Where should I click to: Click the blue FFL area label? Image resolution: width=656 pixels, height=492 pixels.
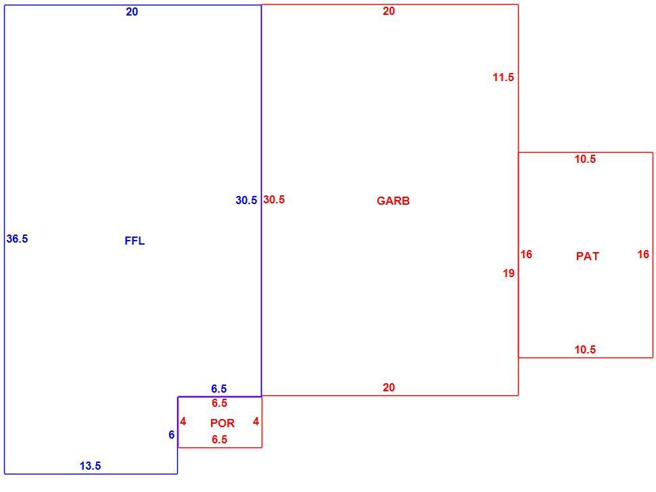(x=135, y=241)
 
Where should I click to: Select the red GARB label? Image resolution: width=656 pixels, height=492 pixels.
(x=394, y=201)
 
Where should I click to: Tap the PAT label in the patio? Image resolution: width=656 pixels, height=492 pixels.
(x=588, y=256)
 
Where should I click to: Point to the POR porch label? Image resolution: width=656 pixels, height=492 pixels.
(x=222, y=423)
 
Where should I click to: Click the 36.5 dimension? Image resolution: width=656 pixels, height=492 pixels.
(x=17, y=239)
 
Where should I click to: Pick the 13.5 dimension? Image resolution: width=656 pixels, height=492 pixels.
(x=91, y=466)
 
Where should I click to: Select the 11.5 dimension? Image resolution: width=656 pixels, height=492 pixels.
(x=503, y=77)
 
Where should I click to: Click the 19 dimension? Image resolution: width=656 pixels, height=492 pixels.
(x=509, y=274)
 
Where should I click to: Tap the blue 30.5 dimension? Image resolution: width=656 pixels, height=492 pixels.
(x=246, y=201)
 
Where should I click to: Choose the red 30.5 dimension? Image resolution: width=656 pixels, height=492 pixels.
(x=274, y=200)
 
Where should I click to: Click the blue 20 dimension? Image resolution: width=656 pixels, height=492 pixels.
(x=132, y=12)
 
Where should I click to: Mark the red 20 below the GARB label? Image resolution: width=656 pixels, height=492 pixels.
(x=389, y=387)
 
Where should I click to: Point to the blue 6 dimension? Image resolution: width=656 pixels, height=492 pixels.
(x=172, y=435)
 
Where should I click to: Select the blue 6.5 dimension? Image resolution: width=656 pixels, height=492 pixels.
(x=219, y=389)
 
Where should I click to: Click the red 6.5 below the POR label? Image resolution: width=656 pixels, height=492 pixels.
(x=220, y=439)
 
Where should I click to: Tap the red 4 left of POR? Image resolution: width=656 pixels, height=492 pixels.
(x=183, y=421)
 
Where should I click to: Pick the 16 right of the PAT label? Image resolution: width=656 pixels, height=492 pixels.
(x=643, y=254)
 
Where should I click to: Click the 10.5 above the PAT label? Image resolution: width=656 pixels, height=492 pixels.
(x=585, y=159)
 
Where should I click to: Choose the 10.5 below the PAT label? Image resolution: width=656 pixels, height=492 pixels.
(x=585, y=349)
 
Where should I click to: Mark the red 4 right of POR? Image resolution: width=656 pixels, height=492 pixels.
(x=256, y=421)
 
